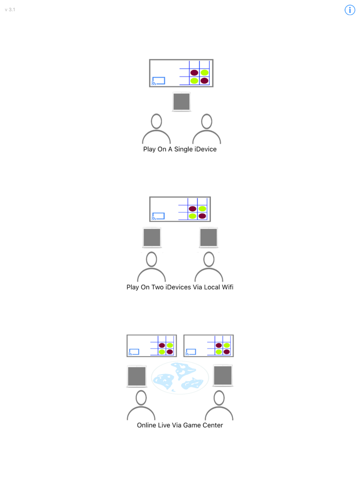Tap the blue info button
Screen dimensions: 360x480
[x=350, y=10]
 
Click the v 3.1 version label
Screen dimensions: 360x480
[x=10, y=9]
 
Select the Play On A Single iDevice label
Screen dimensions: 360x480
[x=180, y=149]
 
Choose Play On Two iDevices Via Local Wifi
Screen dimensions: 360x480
[x=180, y=287]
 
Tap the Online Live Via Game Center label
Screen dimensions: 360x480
[x=180, y=425]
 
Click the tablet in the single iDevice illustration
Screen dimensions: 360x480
[x=182, y=102]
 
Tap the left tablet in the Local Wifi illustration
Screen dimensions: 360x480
[x=152, y=237]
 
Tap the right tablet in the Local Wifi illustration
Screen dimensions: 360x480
[x=209, y=237]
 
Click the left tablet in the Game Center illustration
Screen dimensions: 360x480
[x=137, y=376]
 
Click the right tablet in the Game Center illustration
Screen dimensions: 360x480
[x=223, y=376]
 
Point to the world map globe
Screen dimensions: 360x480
[x=180, y=377]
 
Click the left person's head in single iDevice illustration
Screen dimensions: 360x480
[x=156, y=121]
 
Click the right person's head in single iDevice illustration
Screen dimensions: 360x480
[x=207, y=121]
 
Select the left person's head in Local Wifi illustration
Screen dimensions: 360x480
[x=151, y=260]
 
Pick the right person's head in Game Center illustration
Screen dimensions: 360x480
[x=219, y=398]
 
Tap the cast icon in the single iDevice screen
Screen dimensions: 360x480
[x=158, y=81]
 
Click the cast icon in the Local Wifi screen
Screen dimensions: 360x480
[x=158, y=216]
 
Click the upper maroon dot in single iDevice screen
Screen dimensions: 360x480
[x=194, y=72]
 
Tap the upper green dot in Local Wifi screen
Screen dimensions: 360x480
[x=202, y=209]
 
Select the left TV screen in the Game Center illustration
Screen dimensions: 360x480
[x=152, y=346]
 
